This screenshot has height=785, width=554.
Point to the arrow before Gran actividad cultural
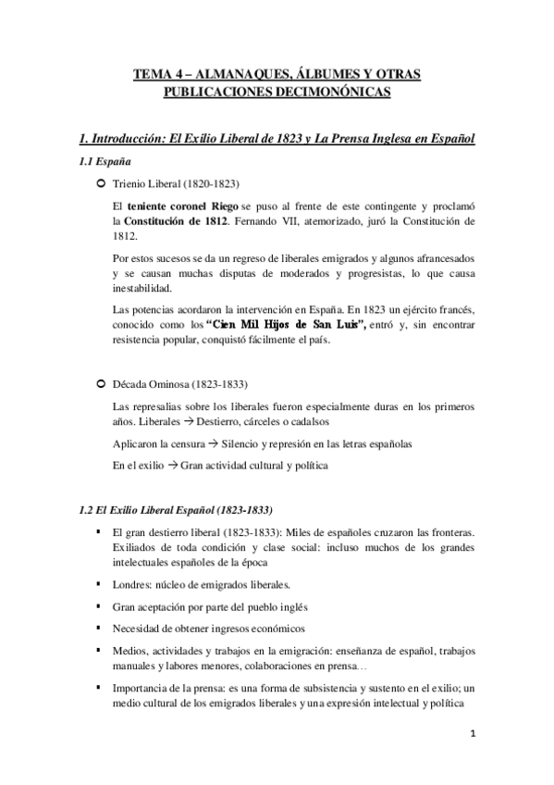pos(171,466)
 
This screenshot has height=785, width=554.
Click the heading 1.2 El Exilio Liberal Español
pos(177,510)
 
